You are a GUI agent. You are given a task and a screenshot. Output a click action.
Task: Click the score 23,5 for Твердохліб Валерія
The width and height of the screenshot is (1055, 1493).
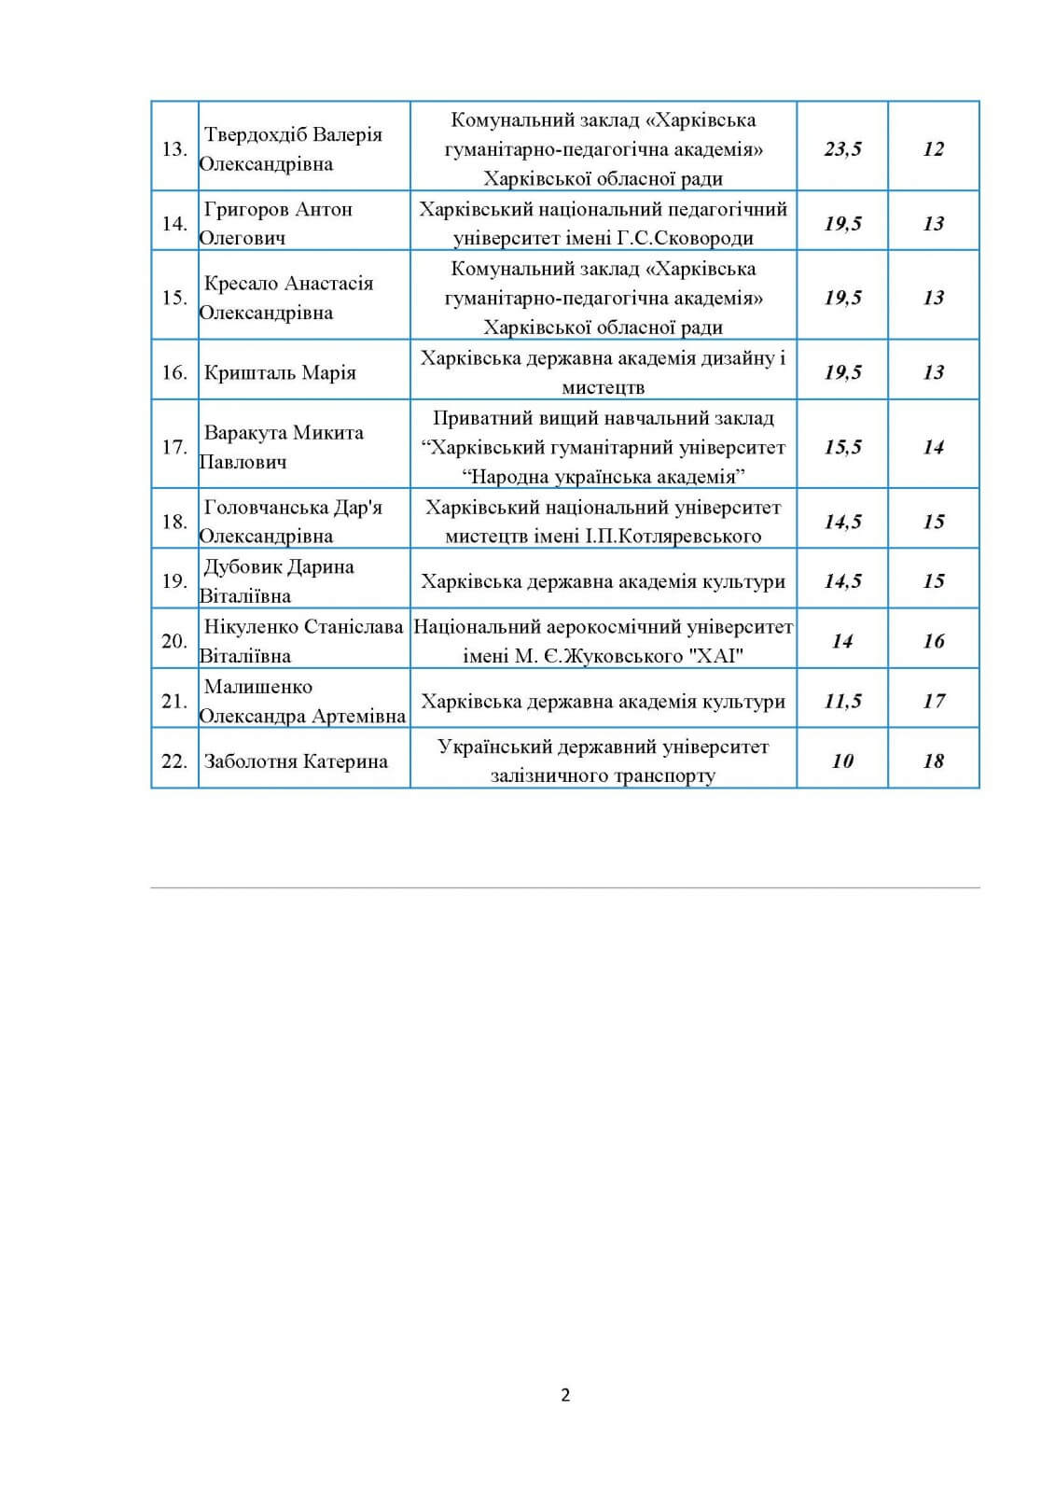[842, 149]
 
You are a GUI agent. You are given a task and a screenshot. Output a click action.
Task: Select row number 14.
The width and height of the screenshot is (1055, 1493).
[174, 224]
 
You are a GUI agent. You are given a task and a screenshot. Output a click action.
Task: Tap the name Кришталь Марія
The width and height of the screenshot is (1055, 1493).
[280, 373]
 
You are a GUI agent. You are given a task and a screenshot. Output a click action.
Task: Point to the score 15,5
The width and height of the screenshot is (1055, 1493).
[842, 448]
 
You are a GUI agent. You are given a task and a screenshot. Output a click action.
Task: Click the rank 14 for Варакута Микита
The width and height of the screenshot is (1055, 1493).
[934, 448]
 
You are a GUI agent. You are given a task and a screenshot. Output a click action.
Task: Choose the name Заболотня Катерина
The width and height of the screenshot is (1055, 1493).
[296, 761]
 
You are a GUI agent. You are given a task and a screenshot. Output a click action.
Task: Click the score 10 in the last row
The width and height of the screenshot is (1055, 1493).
[842, 761]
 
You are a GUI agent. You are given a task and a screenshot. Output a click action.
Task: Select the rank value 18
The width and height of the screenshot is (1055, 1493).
[934, 761]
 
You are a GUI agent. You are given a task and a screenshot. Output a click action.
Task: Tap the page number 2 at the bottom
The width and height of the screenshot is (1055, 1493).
[565, 1395]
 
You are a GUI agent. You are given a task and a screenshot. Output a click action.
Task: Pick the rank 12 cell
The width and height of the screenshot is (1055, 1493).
[934, 149]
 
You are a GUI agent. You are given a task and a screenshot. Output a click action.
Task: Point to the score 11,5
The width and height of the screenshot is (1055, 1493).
[842, 702]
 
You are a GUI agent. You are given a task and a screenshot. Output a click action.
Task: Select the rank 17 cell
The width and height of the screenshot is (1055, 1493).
[934, 702]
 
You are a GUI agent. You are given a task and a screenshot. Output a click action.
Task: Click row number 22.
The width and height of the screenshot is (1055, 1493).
[174, 761]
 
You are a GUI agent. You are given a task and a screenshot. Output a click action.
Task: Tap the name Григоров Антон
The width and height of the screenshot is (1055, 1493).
[278, 209]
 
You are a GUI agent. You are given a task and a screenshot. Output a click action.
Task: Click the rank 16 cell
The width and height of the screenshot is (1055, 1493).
[934, 641]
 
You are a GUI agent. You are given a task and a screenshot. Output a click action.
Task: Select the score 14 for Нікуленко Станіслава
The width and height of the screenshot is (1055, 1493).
[842, 641]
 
